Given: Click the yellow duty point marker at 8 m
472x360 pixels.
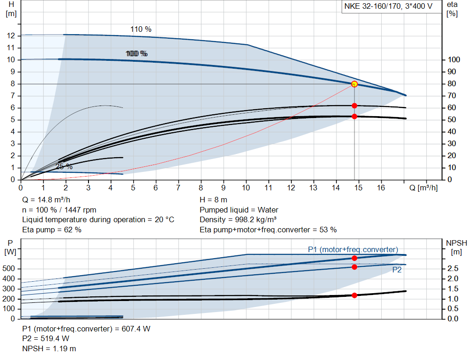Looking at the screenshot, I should coord(354,84).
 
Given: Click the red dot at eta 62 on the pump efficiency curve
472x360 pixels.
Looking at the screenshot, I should coord(354,106).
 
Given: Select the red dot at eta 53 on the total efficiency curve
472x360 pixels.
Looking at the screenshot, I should coord(354,117).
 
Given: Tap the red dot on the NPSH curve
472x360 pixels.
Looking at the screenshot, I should coord(354,295).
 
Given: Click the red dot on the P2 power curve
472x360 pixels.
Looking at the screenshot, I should coord(354,267).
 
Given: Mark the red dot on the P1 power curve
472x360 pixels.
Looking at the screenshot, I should coord(354,258).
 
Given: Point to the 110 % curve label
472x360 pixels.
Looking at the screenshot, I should coord(141,29).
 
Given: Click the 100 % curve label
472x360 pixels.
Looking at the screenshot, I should coord(136,54).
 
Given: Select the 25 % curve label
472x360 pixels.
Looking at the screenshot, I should coord(64,166).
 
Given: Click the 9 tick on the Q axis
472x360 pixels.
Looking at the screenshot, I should coord(224,188).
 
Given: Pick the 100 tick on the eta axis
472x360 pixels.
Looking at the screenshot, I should coord(454,60).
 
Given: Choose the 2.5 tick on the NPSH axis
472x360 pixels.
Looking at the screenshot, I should coord(453,268).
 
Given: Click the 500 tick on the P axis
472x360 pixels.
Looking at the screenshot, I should coord(11,268).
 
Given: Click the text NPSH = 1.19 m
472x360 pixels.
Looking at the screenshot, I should coord(49,348).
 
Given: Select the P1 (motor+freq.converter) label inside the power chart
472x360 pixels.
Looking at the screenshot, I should coord(353,249).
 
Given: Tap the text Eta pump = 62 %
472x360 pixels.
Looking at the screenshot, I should coord(52,230).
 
